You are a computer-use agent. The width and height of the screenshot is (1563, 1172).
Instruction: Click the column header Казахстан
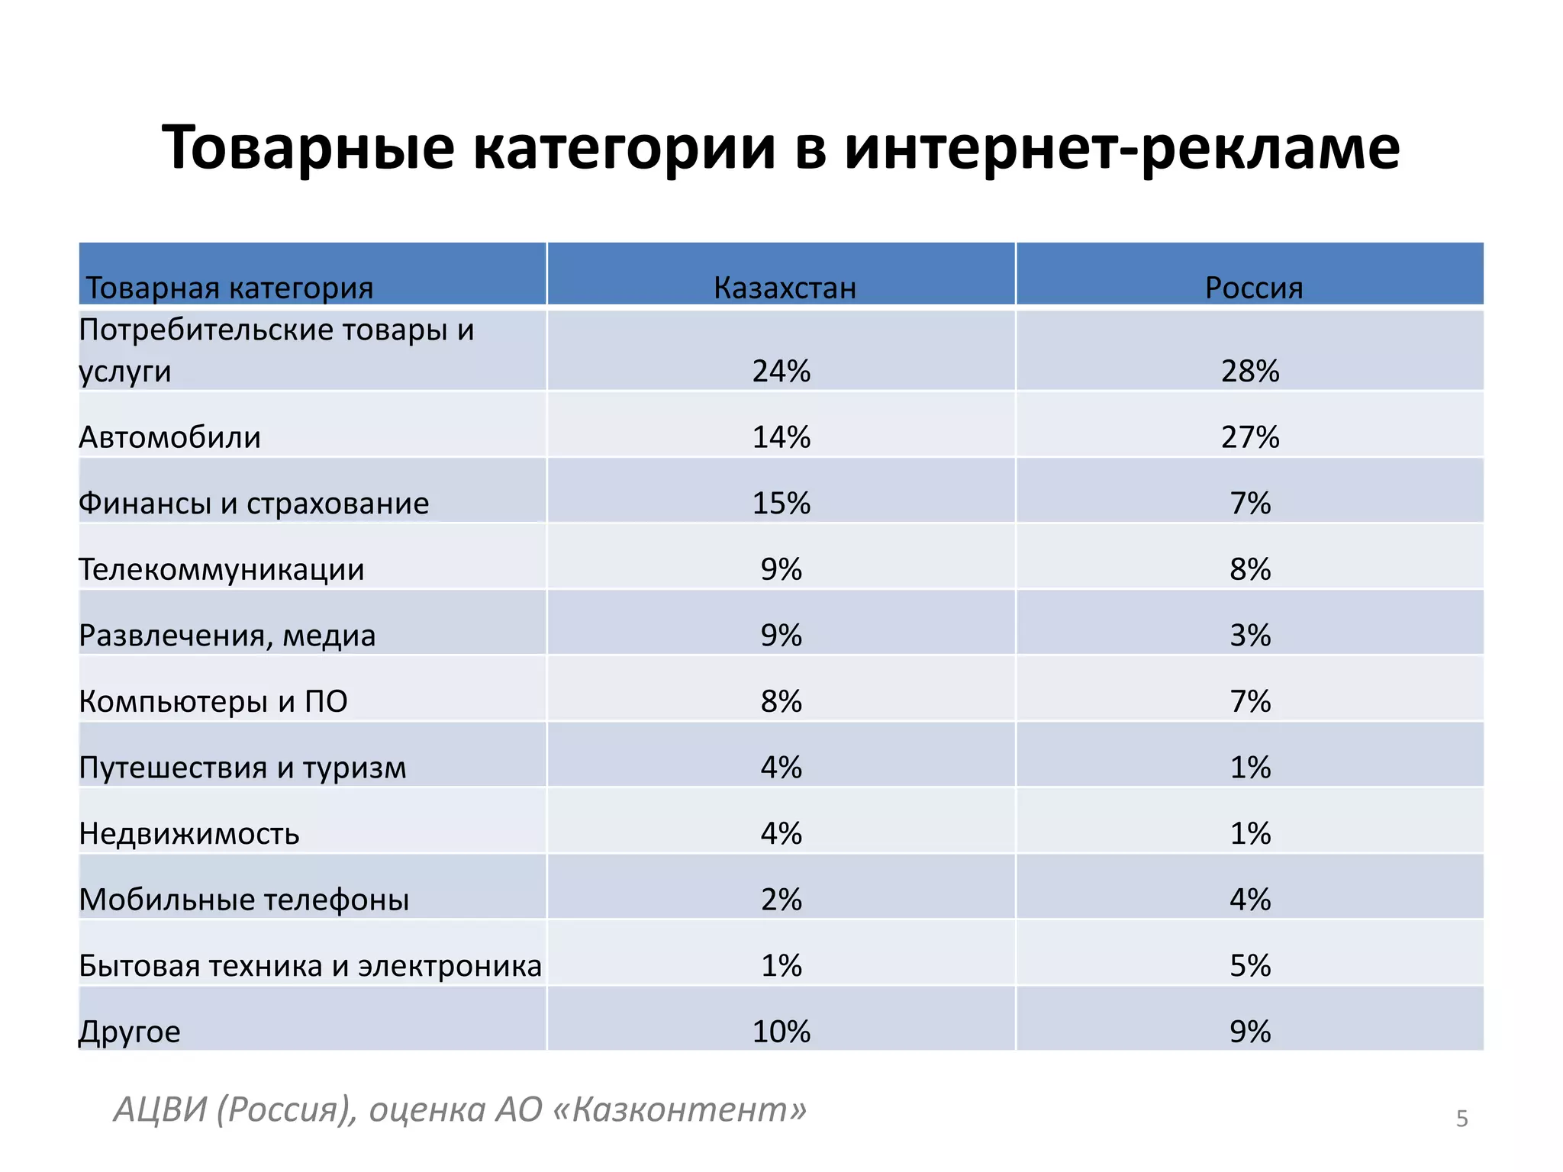tap(785, 288)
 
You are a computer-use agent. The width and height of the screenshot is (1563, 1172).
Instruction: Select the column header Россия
tap(1253, 288)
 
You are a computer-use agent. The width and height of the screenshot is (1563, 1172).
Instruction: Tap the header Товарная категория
tap(229, 288)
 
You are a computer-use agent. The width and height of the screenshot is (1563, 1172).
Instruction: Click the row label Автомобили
tap(169, 437)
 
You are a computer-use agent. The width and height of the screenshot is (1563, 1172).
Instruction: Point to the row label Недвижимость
tap(189, 833)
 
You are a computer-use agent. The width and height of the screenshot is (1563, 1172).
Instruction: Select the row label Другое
tap(130, 1032)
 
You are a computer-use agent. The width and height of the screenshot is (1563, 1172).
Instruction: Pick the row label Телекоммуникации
tap(221, 569)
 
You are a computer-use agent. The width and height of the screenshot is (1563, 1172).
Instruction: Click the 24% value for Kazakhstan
tap(781, 371)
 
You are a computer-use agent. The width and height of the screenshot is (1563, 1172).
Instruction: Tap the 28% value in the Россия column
tap(1249, 371)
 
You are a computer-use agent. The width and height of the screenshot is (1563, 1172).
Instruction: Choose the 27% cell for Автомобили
tap(1249, 437)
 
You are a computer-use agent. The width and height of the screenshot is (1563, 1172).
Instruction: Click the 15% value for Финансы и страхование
tap(781, 504)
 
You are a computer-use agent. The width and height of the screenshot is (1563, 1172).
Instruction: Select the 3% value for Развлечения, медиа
tap(1249, 636)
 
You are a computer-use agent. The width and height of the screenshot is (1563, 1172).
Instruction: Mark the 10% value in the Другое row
tap(781, 1032)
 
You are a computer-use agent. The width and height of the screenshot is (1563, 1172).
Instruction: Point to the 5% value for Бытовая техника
tap(1249, 966)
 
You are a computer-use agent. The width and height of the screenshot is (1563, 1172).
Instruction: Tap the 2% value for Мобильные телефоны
tap(781, 900)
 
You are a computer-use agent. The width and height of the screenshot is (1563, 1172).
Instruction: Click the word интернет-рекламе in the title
tap(1122, 147)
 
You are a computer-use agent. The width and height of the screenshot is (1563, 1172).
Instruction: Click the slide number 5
tap(1461, 1119)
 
